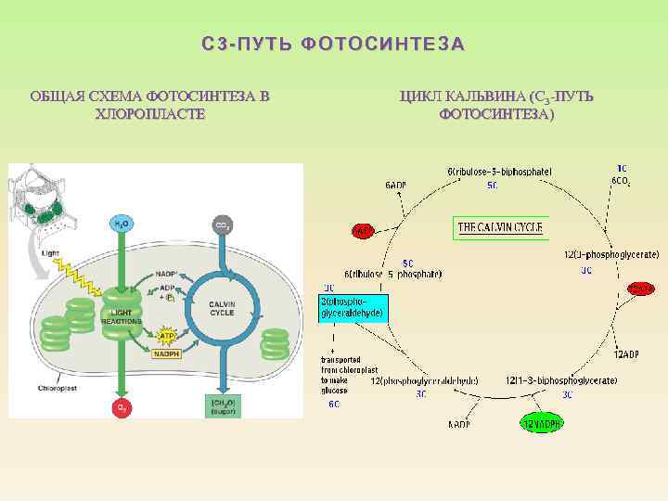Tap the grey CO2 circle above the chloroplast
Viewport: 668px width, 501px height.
(x=223, y=225)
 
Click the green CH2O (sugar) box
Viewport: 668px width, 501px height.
(x=223, y=406)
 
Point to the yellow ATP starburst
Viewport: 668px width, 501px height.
(x=168, y=332)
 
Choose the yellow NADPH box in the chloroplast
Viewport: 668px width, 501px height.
(x=167, y=353)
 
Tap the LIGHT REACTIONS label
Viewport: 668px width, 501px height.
(x=122, y=316)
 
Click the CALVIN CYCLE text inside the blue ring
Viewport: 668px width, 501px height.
(x=222, y=308)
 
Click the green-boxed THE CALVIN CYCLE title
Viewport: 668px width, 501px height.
(x=500, y=227)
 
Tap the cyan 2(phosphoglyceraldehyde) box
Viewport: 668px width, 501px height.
(x=351, y=308)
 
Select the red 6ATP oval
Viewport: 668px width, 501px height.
(x=363, y=230)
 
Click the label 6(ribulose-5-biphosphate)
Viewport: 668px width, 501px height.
(x=499, y=172)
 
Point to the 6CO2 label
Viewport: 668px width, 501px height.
(x=621, y=181)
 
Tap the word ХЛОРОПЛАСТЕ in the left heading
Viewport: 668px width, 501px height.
(x=149, y=113)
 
